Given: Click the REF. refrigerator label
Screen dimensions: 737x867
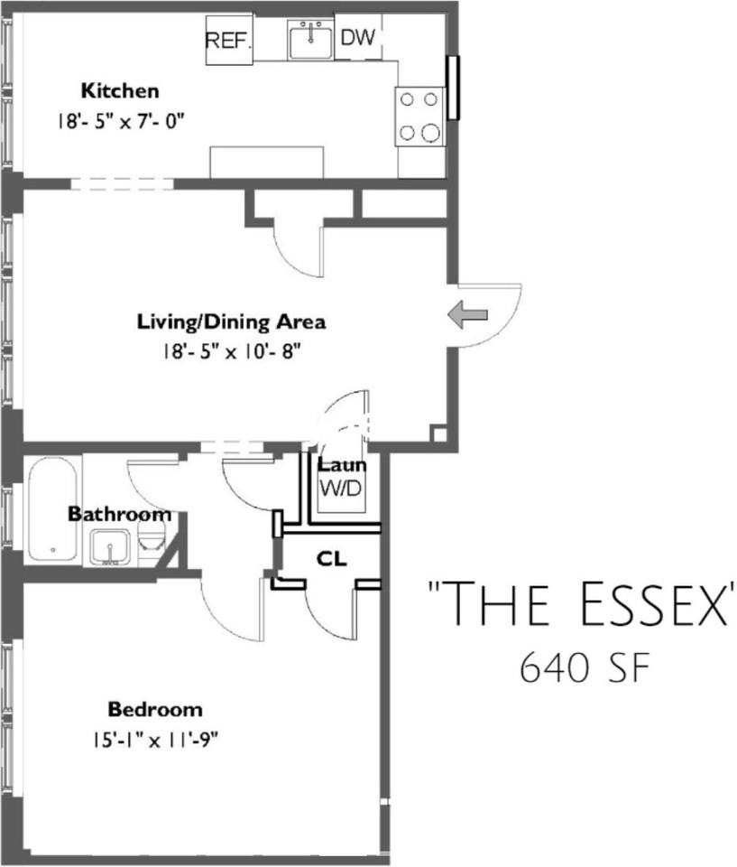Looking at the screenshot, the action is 229,41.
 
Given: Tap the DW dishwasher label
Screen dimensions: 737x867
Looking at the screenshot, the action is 358,38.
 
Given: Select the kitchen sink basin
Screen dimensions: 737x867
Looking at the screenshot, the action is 310,41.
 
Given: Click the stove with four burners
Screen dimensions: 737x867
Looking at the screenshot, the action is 420,117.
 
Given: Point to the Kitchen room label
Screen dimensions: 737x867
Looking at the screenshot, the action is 120,90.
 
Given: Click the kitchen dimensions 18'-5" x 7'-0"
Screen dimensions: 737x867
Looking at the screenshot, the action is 120,121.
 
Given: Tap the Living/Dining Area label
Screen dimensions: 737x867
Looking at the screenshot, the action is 232,322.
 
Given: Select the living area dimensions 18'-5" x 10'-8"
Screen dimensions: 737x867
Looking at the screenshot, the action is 232,351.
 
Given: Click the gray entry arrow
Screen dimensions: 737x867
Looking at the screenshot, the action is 467,315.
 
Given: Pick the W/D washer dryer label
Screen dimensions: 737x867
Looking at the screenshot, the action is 341,489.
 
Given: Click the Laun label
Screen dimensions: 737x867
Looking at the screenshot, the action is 341,465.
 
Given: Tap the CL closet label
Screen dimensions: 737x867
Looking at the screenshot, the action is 331,559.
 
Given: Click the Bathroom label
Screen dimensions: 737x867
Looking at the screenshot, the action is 119,514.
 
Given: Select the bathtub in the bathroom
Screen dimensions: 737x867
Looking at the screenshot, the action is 53,508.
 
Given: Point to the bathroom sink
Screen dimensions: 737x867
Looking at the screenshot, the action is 110,546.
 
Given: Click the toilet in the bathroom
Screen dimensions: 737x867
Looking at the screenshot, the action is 151,536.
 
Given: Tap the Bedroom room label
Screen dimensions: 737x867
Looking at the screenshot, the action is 155,709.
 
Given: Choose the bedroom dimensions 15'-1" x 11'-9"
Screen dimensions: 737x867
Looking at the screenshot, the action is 156,740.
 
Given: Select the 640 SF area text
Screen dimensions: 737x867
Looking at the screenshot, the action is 584,668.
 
